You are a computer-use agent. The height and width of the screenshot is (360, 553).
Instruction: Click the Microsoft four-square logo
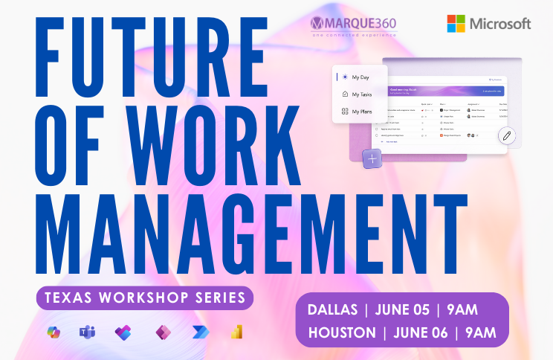pos(456,24)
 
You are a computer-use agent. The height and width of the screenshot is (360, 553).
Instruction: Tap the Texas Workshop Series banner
pos(145,298)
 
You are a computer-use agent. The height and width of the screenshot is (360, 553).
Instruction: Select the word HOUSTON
pos(341,332)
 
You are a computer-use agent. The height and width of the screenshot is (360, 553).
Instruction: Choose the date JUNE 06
pos(426,332)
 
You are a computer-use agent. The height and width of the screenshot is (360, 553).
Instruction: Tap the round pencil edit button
pos(507,135)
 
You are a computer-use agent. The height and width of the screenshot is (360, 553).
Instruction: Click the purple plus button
pos(372,158)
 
